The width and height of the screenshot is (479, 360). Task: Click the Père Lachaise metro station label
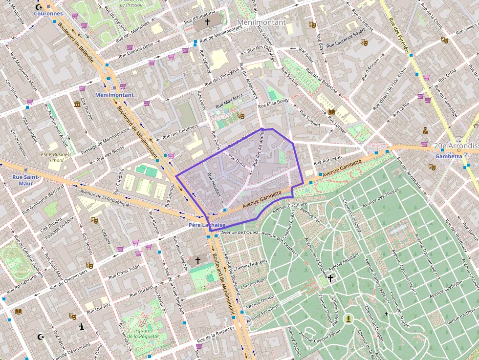207,225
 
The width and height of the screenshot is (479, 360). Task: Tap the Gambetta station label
448,156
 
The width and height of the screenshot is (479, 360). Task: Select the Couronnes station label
48,14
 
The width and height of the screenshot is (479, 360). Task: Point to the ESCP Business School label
56,157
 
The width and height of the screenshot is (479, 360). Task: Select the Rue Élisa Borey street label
274,103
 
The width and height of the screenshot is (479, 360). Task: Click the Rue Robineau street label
327,161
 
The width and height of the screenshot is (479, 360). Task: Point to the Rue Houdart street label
215,188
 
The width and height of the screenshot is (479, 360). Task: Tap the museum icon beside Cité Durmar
77,104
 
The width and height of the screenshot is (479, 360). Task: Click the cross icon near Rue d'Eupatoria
207,22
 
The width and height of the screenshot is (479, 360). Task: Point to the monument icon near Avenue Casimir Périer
348,319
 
